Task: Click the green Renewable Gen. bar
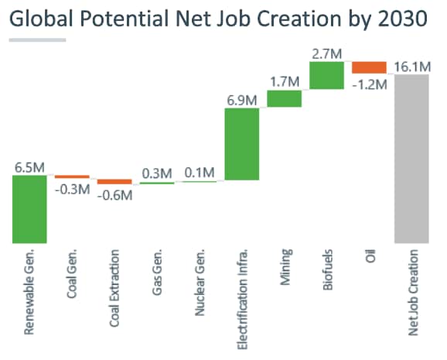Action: (29, 209)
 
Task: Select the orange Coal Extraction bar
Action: (114, 182)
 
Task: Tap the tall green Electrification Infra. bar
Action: (241, 144)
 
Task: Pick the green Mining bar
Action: (284, 98)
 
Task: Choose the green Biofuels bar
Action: (326, 75)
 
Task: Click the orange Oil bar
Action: (369, 67)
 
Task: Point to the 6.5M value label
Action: (29, 166)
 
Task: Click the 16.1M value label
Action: (411, 67)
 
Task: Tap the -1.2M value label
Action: (369, 83)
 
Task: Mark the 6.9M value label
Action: (241, 99)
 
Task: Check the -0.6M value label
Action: (114, 195)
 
